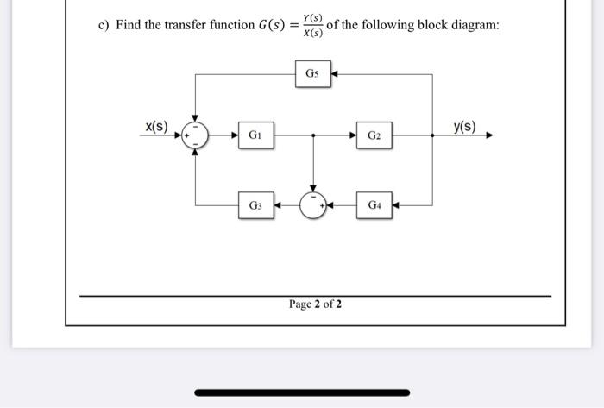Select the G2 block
[373, 135]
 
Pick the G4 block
[373, 205]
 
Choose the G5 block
[312, 74]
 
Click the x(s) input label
[155, 127]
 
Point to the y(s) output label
[464, 127]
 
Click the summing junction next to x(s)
[196, 135]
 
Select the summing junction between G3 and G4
[313, 205]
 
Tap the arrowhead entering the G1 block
[236, 135]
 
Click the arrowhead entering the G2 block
[352, 135]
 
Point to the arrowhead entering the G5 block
[335, 74]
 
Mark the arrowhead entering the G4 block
[397, 205]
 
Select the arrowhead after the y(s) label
[488, 135]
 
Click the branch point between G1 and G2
[313, 135]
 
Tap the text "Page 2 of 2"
[315, 304]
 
